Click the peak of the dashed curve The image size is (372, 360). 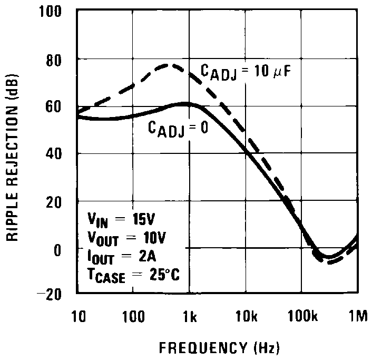pos(168,65)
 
